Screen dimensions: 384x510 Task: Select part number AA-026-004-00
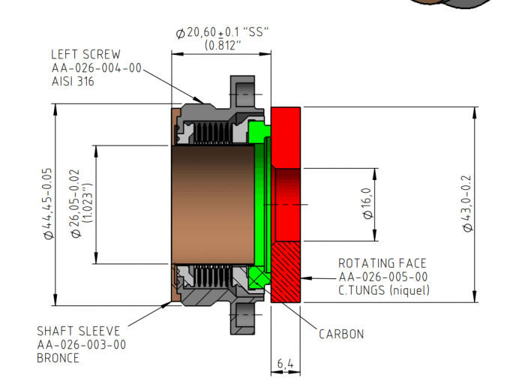click(x=95, y=67)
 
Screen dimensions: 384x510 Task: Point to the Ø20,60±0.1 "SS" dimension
click(x=221, y=33)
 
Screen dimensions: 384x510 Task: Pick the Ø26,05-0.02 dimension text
click(x=76, y=202)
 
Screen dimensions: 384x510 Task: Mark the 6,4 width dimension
click(x=285, y=364)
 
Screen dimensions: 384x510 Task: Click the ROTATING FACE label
click(x=382, y=263)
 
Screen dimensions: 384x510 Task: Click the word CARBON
click(x=341, y=334)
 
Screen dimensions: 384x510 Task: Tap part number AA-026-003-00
click(x=82, y=344)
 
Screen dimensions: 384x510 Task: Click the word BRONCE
click(x=59, y=358)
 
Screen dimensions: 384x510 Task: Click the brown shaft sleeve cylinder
click(x=211, y=204)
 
